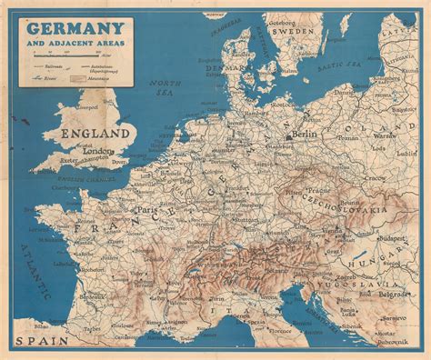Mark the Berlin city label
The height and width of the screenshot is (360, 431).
click(x=304, y=133)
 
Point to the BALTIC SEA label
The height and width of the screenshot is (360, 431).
click(x=340, y=65)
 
